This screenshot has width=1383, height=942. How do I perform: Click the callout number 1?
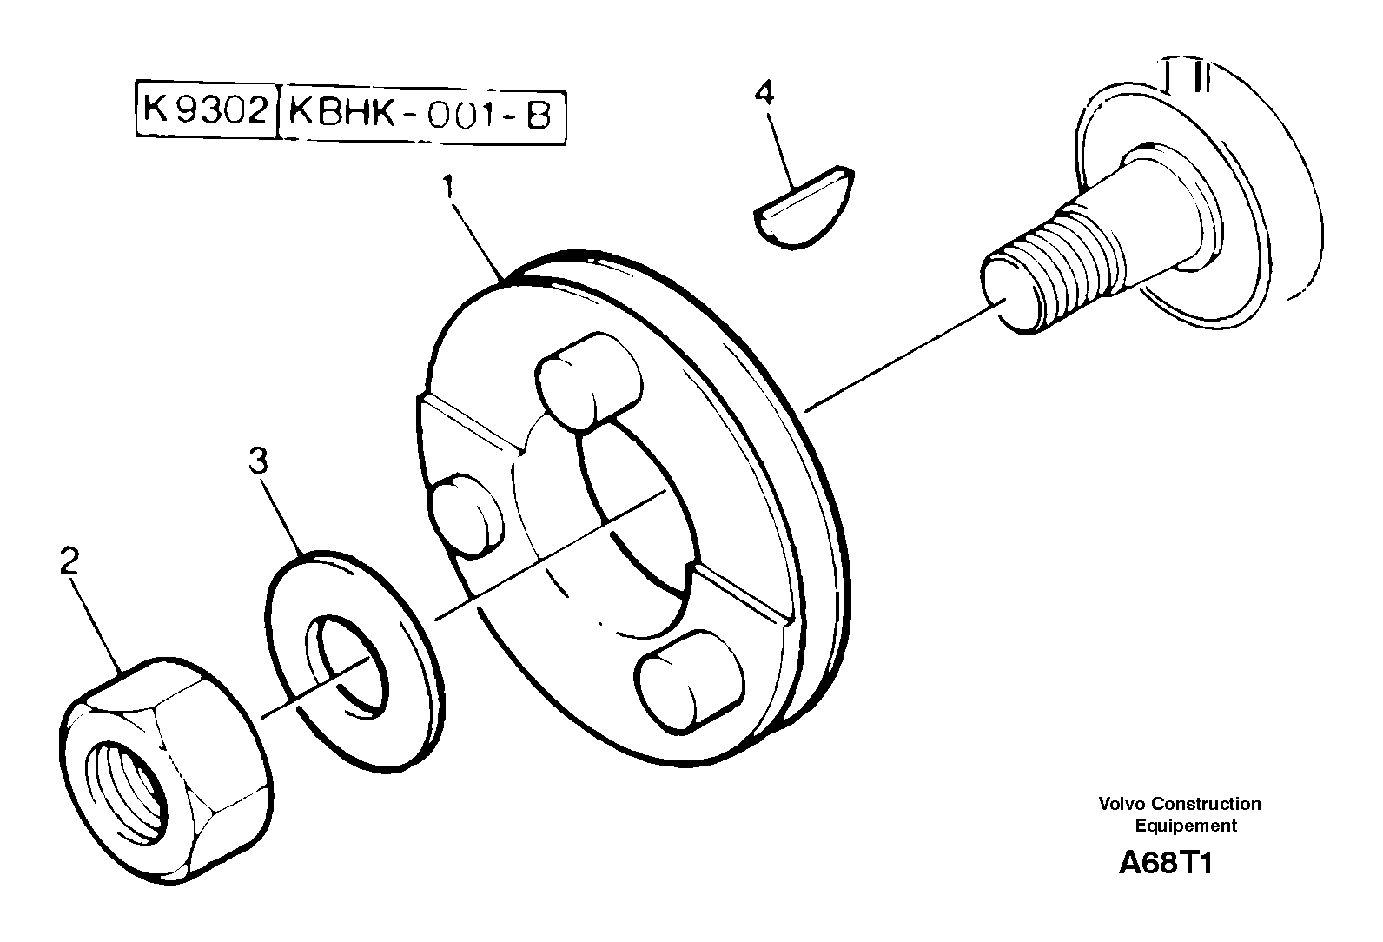pos(448,188)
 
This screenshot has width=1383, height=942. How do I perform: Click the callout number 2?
pos(69,561)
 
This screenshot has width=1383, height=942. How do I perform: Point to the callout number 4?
pos(764,92)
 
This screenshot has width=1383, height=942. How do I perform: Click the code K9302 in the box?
pos(205,111)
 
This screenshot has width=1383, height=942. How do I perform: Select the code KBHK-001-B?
pos(420,114)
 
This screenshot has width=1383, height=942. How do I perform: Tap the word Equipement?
pos(1186,826)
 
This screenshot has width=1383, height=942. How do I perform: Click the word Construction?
pos(1208,804)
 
